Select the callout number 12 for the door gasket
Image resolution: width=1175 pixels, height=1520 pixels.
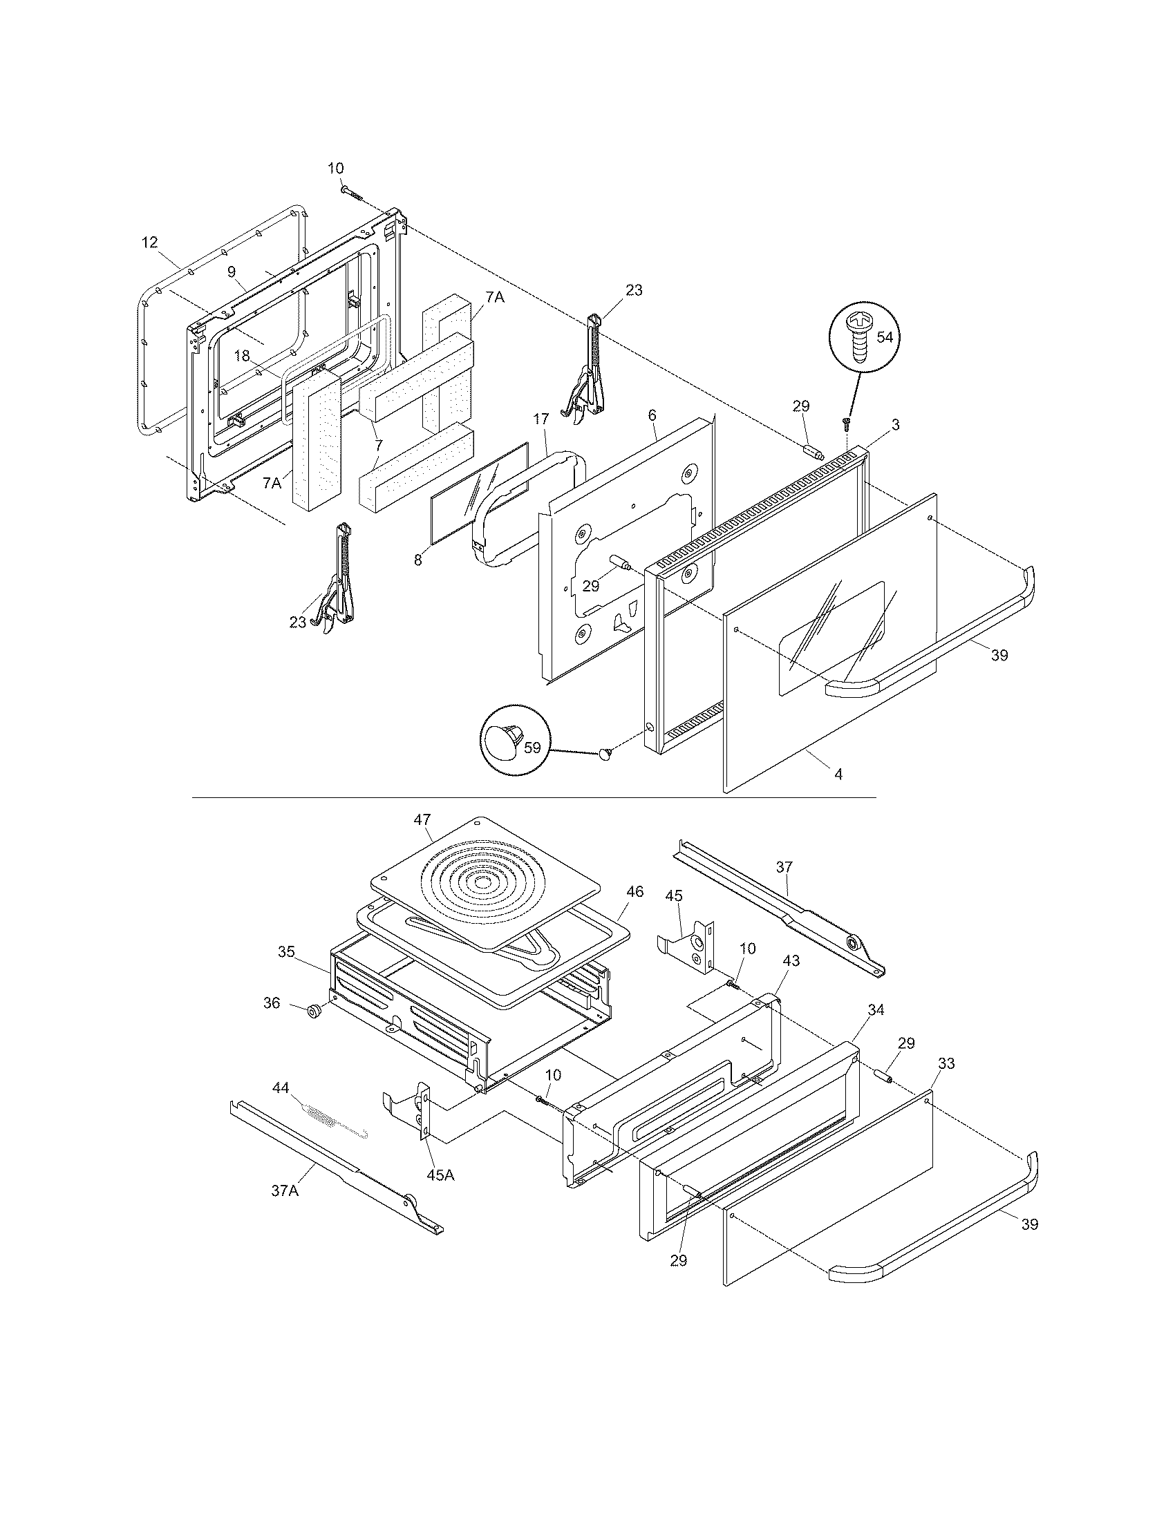[x=150, y=243]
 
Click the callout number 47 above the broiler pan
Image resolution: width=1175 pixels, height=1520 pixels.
[x=422, y=819]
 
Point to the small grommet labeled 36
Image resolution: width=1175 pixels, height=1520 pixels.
[x=313, y=1010]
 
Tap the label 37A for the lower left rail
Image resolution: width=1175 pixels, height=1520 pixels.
[x=285, y=1191]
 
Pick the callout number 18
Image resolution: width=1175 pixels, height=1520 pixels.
[x=241, y=356]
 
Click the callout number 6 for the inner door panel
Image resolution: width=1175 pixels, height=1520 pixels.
[x=652, y=414]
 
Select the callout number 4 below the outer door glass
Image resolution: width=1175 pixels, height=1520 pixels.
[x=839, y=774]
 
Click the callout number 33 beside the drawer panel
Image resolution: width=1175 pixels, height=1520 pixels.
[x=947, y=1063]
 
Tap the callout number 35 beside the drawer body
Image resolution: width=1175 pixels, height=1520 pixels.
[x=287, y=951]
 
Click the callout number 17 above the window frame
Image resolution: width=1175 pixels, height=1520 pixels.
[x=541, y=418]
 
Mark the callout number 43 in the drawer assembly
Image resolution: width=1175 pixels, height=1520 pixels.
[x=791, y=960]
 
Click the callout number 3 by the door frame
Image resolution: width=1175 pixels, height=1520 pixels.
[x=896, y=424]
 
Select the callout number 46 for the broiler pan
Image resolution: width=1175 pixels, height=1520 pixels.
[x=634, y=891]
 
